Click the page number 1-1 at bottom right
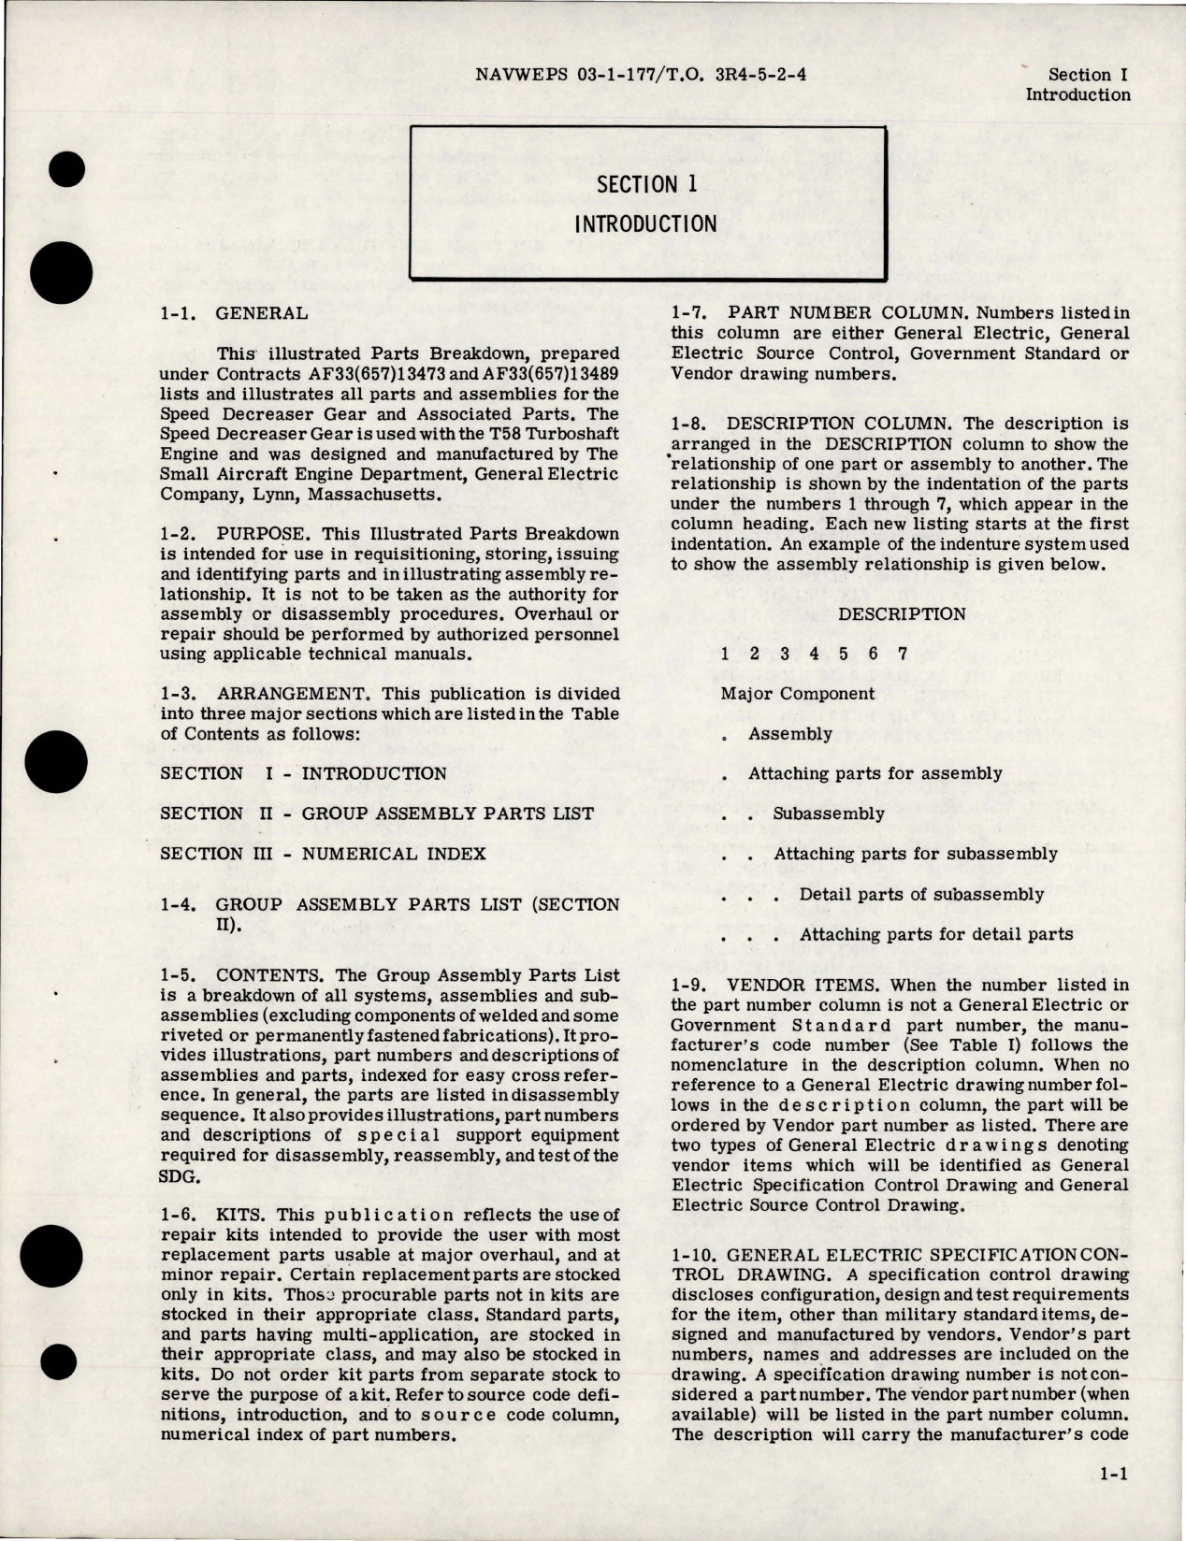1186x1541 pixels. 1112,1504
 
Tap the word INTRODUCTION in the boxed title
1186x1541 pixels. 645,224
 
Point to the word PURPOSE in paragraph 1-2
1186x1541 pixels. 256,533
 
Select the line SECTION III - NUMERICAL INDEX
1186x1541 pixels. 323,853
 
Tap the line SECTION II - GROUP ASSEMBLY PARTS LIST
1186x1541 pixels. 376,813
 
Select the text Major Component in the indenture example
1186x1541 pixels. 798,693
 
